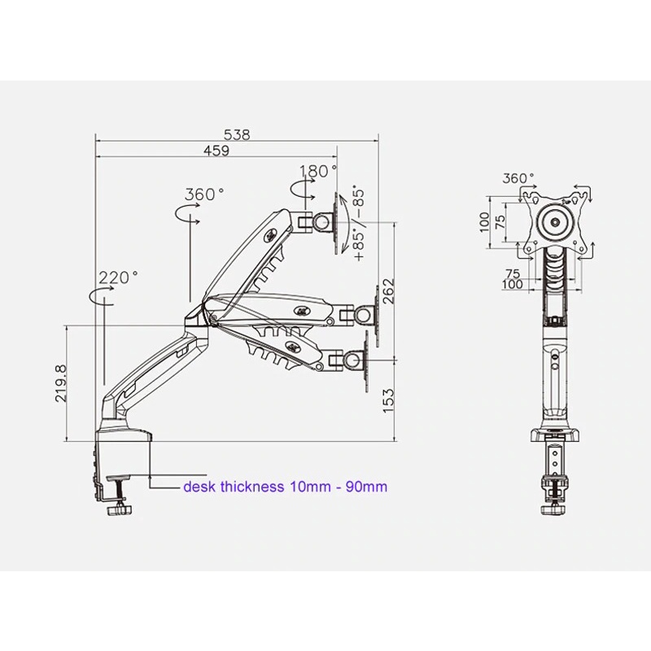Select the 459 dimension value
(216, 151)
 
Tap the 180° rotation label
(317, 172)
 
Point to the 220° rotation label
(119, 277)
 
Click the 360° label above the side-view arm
(204, 194)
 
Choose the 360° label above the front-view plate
(518, 178)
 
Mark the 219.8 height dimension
(62, 382)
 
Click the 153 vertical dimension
(388, 398)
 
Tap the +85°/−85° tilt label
(359, 223)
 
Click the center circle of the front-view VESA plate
(557, 221)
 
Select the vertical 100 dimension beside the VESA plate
(486, 221)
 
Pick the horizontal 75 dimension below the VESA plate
(513, 274)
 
